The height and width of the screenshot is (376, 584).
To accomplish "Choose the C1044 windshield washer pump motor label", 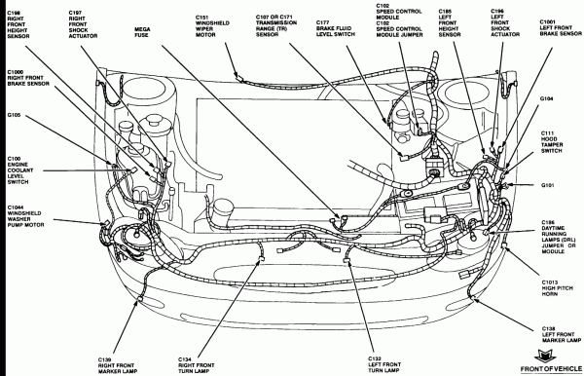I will (x=20, y=214).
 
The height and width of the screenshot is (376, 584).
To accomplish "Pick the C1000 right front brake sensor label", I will (x=20, y=81).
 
